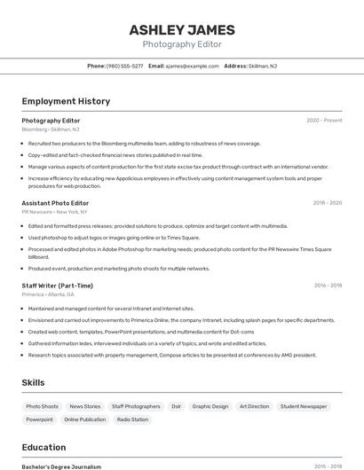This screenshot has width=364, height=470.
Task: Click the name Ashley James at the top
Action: [x=182, y=30]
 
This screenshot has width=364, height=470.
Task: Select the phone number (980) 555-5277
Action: [x=124, y=66]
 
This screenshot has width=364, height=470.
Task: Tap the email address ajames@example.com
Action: [x=192, y=66]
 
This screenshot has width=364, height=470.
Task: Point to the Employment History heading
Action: [x=66, y=101]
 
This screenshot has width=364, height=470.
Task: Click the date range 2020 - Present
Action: [x=324, y=120]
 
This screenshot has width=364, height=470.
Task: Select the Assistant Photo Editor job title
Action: [x=55, y=203]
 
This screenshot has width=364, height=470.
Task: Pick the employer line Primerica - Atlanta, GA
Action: [x=48, y=294]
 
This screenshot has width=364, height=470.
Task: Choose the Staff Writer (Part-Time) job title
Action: [x=57, y=286]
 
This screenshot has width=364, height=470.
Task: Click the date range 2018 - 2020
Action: [x=327, y=203]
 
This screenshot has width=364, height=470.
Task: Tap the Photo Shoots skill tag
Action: [x=42, y=406]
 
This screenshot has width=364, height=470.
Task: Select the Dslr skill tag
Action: [x=176, y=406]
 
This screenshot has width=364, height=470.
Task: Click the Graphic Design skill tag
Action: [x=210, y=406]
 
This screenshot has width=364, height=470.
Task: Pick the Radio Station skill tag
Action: [x=132, y=419]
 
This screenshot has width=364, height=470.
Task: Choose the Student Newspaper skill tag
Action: [x=303, y=406]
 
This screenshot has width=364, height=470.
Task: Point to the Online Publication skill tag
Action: [x=85, y=419]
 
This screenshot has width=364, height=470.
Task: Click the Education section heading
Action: [x=44, y=447]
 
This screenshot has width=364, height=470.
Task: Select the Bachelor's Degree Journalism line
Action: [x=61, y=466]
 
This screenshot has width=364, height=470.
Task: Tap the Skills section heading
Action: [x=34, y=382]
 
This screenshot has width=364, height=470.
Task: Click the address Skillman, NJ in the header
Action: [x=262, y=66]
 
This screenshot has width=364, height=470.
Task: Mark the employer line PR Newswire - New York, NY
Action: [x=54, y=212]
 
